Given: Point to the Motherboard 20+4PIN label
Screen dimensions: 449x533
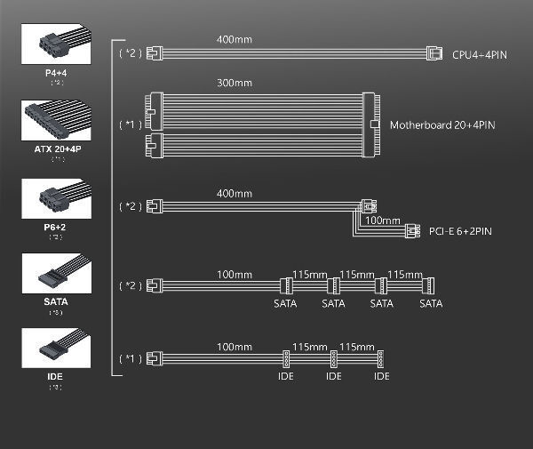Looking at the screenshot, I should [x=442, y=125].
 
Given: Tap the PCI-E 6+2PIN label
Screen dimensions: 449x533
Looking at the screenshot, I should [x=459, y=232].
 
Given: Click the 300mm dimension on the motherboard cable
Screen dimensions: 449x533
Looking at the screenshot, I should [x=234, y=83].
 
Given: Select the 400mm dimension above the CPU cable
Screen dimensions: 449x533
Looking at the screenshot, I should [x=234, y=40].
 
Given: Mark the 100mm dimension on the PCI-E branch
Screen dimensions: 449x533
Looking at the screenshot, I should [x=383, y=219].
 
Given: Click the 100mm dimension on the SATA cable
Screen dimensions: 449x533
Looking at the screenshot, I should [x=234, y=273].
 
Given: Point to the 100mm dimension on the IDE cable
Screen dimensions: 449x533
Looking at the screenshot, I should [x=234, y=346].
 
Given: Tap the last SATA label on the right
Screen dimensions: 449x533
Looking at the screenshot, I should [x=431, y=304].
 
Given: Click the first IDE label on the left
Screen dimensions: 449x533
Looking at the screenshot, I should [x=286, y=376].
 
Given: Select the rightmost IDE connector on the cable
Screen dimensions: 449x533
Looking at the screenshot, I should [x=381, y=359].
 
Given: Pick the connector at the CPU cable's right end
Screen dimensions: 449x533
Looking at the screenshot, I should [x=434, y=52].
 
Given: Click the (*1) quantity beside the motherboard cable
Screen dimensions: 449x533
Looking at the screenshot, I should [x=130, y=124].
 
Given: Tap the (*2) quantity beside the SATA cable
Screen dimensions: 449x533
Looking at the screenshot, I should [x=130, y=285].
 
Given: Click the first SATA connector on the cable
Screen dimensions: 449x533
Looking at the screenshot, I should [x=286, y=286].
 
